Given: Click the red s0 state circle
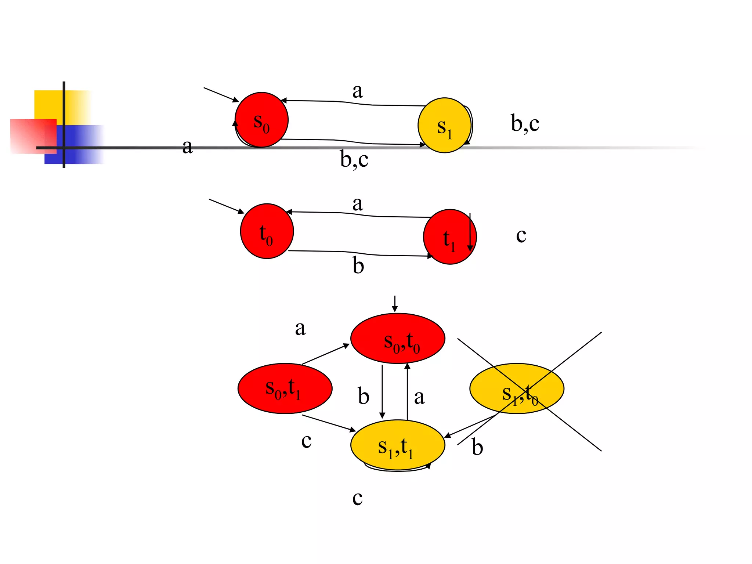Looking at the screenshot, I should pos(261,120).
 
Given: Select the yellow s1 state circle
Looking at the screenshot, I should pos(444,125).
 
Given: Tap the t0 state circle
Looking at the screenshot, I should pos(267,231).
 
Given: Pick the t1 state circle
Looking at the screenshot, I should pos(449,237).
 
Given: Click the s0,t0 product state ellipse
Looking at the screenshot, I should pos(398,338).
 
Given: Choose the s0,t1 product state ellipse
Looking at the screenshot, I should pos(285,388).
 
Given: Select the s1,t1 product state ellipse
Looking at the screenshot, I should pos(398,445).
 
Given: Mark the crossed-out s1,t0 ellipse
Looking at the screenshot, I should pos(517,388).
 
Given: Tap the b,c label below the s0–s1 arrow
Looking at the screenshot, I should pos(354,159).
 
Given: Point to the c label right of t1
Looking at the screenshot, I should pos(521,235).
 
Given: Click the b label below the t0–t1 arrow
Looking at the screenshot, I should pos(358,265).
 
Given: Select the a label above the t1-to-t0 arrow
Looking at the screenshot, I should pos(357,203).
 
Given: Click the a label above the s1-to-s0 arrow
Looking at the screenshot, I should pos(357,91).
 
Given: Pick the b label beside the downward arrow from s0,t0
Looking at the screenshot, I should pos(364,397).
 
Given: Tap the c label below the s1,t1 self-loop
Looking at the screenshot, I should pos(357,498).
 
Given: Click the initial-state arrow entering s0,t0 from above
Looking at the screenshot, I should pos(395,303).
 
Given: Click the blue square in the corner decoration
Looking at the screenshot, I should pos(79,145).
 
